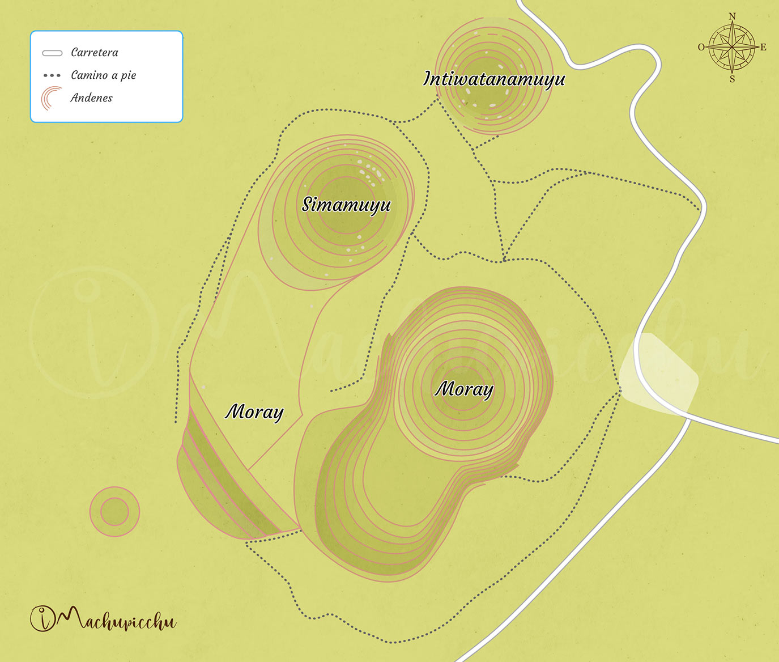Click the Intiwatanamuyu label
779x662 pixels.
pyautogui.click(x=494, y=79)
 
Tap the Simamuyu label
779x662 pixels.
pyautogui.click(x=346, y=204)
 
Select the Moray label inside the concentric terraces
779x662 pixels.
pyautogui.click(x=464, y=389)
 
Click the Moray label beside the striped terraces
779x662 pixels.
pyautogui.click(x=254, y=411)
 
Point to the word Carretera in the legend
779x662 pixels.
pyautogui.click(x=95, y=53)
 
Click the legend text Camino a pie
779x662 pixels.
pyautogui.click(x=103, y=75)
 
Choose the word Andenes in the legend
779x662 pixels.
pyautogui.click(x=91, y=98)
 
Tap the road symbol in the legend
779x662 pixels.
pyautogui.click(x=52, y=53)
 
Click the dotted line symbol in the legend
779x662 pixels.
pyautogui.click(x=52, y=75)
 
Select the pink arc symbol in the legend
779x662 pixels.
pyautogui.click(x=51, y=98)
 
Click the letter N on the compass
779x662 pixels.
pyautogui.click(x=732, y=16)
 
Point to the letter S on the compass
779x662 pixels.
pyautogui.click(x=732, y=79)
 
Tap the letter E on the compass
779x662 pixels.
pyautogui.click(x=763, y=47)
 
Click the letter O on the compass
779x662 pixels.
pyautogui.click(x=701, y=47)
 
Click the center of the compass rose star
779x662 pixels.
pyautogui.click(x=732, y=47)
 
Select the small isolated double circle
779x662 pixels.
pyautogui.click(x=114, y=512)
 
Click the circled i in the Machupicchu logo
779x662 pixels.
pyautogui.click(x=43, y=618)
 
